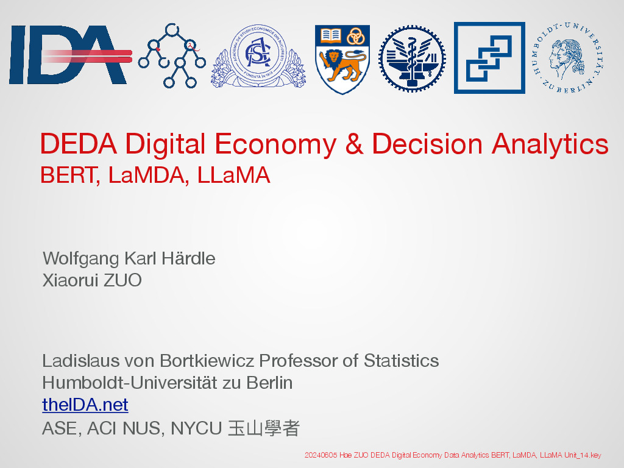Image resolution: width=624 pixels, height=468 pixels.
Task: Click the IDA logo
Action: tap(71, 55)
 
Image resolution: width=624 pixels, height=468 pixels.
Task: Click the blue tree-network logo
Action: tap(172, 55)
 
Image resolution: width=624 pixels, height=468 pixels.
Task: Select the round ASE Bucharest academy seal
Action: tap(258, 55)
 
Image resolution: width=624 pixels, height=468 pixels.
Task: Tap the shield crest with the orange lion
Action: tap(342, 59)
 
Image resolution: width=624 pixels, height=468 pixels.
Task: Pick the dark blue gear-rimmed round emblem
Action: tap(412, 58)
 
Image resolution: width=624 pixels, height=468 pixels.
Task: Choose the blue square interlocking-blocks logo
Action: tap(489, 58)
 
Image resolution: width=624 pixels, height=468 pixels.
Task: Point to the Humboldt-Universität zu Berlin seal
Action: tap(568, 58)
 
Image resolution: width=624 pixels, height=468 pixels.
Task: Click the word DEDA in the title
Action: tap(79, 144)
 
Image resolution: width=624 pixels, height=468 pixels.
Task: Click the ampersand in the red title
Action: tap(354, 144)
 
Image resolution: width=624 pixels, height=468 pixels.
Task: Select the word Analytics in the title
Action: tap(550, 144)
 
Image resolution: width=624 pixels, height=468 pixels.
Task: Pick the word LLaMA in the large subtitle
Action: tap(233, 175)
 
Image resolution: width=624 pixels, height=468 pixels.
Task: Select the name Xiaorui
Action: tap(70, 280)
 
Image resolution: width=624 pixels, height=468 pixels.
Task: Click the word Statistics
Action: tap(401, 361)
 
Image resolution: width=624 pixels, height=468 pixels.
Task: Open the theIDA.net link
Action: tap(85, 405)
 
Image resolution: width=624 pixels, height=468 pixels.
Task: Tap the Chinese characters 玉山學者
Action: tap(264, 428)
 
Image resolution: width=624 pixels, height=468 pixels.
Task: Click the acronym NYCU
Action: tap(196, 428)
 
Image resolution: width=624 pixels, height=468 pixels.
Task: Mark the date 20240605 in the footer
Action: tap(321, 455)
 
